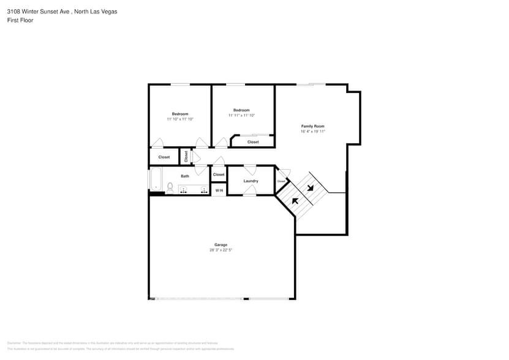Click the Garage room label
221,245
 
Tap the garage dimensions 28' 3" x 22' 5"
221,250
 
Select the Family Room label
312,126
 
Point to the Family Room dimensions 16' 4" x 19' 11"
312,131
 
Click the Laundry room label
251,181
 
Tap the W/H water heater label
219,190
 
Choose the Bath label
185,176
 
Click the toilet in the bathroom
170,188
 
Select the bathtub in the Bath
154,180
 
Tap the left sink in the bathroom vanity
183,190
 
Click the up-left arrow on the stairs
295,201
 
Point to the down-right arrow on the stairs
311,187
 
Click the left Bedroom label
180,114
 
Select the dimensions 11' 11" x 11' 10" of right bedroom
241,115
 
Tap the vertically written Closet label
186,156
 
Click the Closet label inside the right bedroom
253,142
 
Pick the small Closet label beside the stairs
281,181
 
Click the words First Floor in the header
20,20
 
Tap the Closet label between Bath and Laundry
219,174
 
